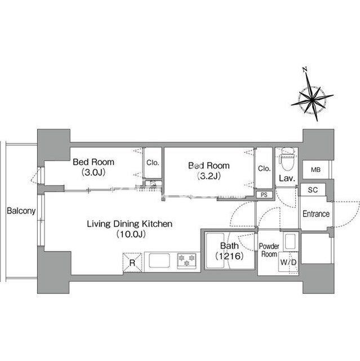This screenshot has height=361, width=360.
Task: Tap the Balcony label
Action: click(x=21, y=210)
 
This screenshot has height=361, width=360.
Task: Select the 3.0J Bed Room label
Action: click(x=94, y=167)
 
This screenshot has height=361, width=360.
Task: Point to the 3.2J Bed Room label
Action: click(x=209, y=170)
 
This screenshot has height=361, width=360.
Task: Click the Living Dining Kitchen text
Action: click(x=130, y=224)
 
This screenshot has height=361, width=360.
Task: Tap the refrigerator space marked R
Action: click(x=132, y=262)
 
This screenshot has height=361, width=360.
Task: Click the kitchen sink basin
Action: click(x=159, y=261)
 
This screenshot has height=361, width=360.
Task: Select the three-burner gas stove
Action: click(x=186, y=261)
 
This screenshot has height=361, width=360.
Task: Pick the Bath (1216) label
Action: click(x=229, y=250)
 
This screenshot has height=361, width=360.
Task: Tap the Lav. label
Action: click(x=287, y=178)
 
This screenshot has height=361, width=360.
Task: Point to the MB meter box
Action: click(x=315, y=170)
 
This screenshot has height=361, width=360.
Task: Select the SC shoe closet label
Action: click(x=313, y=190)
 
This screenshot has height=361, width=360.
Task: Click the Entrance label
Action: click(x=316, y=214)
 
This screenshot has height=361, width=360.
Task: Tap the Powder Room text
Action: click(x=269, y=250)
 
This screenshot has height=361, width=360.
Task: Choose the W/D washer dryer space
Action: click(x=288, y=262)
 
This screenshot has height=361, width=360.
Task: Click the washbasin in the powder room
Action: click(x=290, y=242)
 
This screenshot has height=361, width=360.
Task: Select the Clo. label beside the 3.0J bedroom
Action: click(x=153, y=163)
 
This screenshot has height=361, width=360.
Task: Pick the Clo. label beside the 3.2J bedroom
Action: click(x=264, y=169)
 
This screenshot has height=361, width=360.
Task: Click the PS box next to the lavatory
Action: click(x=264, y=195)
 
